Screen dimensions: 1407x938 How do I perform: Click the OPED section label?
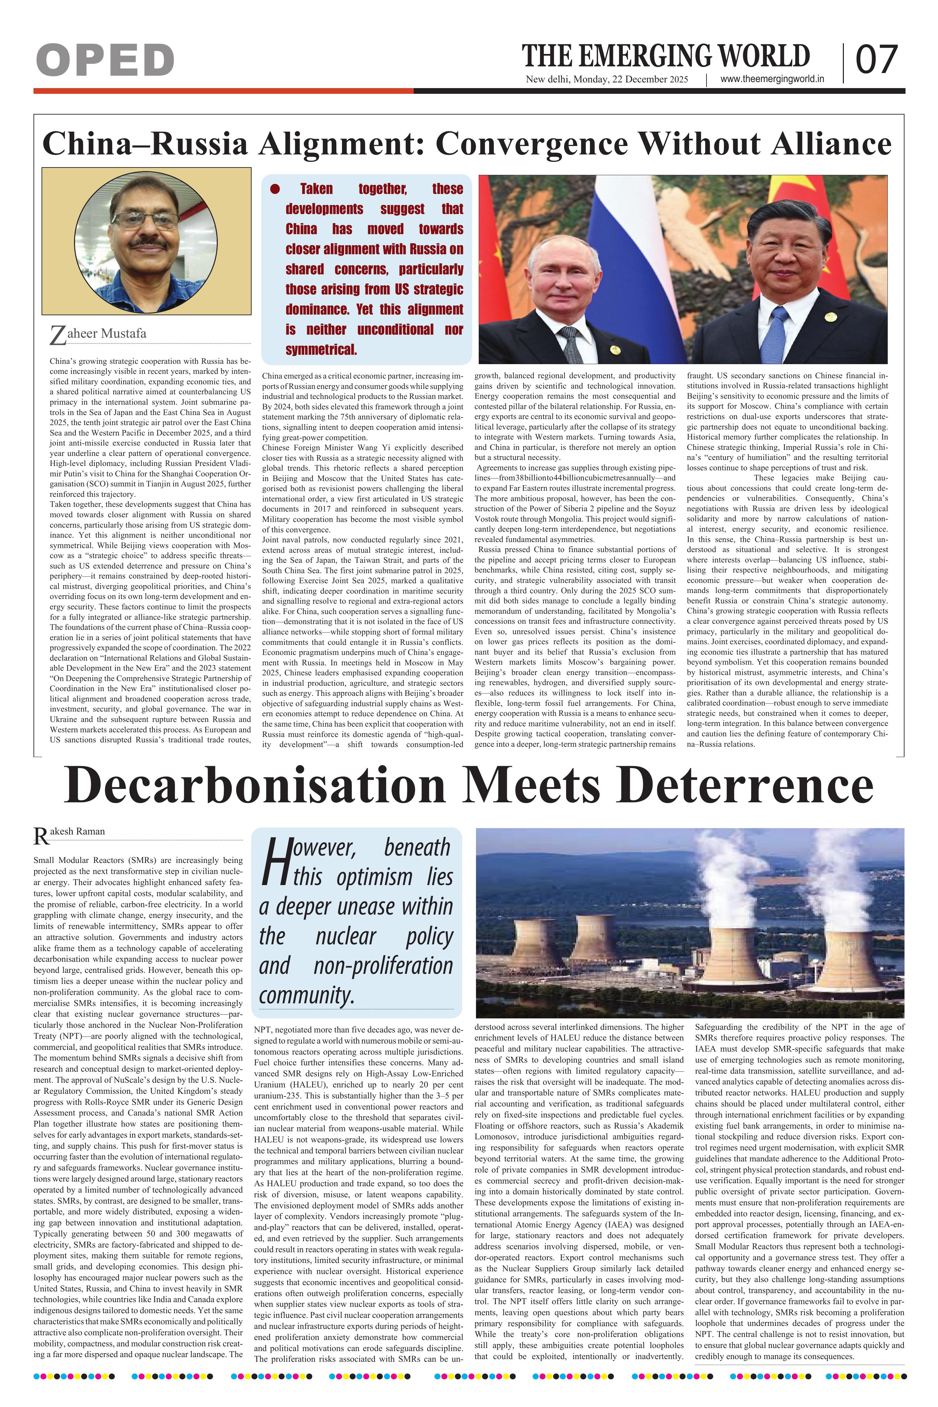[x=105, y=60]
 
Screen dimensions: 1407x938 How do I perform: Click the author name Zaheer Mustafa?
[x=99, y=334]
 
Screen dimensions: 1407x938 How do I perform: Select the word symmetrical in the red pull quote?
[x=321, y=350]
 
